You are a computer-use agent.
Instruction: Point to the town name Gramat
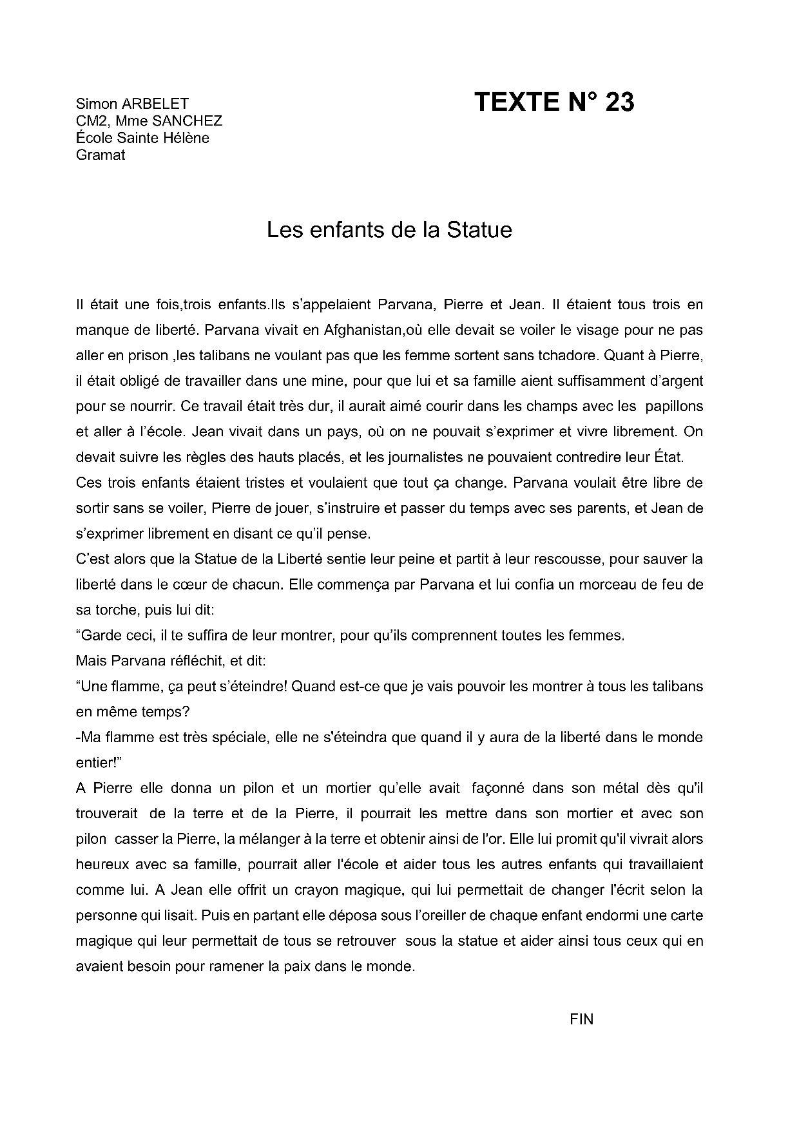coord(101,155)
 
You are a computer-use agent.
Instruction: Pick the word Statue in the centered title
coord(479,230)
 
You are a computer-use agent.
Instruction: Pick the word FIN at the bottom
coord(582,1019)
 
